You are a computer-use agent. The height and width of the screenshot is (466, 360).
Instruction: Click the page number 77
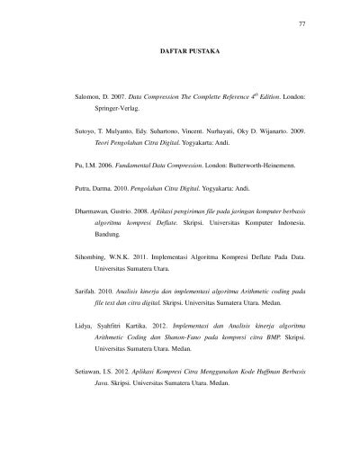[302, 22]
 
